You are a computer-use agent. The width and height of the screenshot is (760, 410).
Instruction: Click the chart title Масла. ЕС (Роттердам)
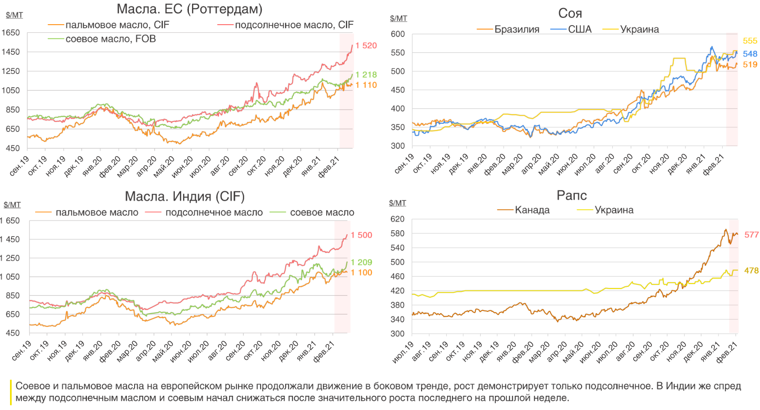[189, 9]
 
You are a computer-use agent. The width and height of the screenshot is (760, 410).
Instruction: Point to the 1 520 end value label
[366, 46]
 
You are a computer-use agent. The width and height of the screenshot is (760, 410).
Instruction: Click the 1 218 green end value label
[366, 75]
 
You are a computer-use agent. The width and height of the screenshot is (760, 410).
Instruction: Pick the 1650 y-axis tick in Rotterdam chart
[10, 33]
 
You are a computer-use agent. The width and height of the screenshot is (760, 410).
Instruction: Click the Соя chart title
[570, 14]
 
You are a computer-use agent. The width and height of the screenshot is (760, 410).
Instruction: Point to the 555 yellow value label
[750, 41]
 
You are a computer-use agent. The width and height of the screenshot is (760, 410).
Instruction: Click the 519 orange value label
[750, 65]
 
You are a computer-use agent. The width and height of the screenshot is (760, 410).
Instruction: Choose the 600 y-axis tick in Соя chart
[397, 34]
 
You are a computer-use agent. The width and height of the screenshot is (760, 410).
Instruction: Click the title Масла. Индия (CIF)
[185, 197]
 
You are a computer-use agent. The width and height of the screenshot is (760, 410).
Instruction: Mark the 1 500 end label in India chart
[361, 235]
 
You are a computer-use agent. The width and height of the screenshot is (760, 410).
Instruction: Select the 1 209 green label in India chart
[361, 263]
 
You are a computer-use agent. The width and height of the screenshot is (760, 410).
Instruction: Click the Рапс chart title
[572, 196]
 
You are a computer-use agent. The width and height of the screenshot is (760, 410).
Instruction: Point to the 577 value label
[751, 235]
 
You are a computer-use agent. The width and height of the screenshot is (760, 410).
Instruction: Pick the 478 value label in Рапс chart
[751, 271]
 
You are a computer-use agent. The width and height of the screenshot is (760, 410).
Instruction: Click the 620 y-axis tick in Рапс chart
[397, 219]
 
